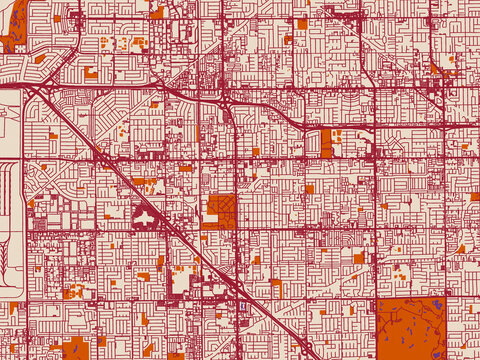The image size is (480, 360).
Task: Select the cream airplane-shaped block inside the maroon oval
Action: click(x=146, y=216)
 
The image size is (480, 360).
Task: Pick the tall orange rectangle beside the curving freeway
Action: click(x=326, y=142)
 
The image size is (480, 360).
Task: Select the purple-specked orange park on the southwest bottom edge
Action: click(x=76, y=349)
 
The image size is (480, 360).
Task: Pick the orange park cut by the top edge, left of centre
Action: click(x=157, y=12)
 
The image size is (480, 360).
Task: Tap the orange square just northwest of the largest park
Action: click(x=358, y=258)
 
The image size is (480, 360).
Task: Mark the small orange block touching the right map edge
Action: click(x=475, y=197)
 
